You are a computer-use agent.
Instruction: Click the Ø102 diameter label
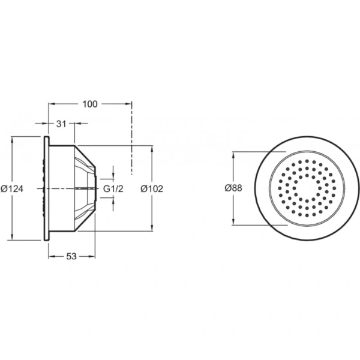coord(151,188)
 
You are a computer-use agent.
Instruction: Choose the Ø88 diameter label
coord(233,188)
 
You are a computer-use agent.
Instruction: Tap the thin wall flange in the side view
coord(46,188)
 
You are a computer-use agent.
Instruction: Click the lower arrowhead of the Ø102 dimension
coord(151,230)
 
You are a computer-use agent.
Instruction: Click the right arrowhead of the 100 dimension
coord(129,104)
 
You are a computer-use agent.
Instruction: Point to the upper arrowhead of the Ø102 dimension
coord(151,148)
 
